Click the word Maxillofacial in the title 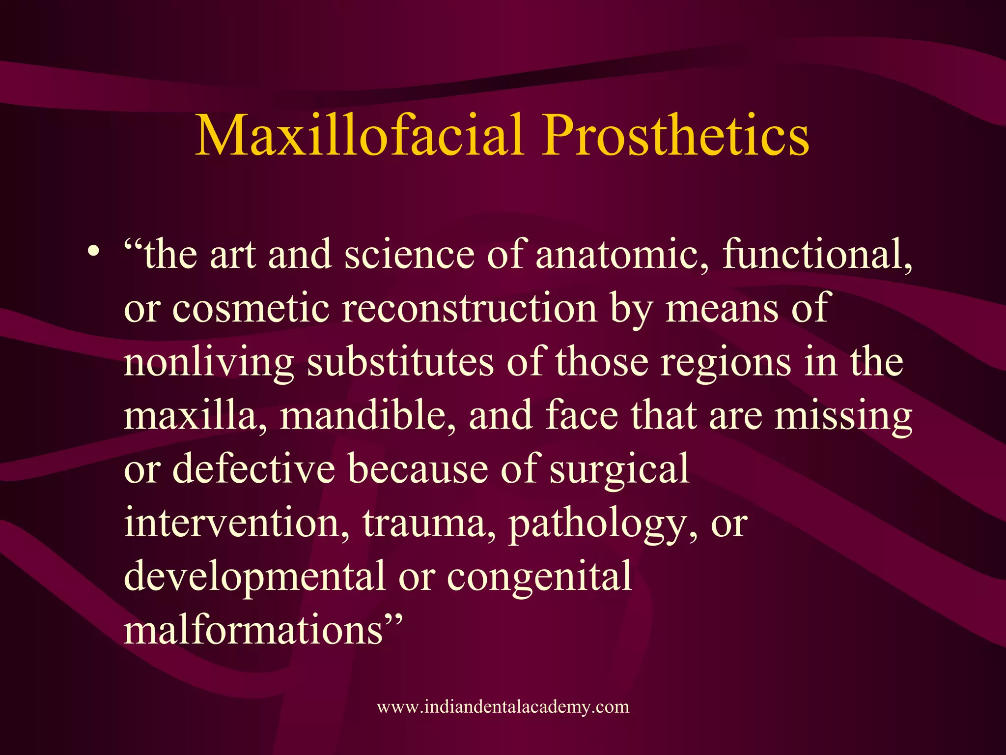click(359, 135)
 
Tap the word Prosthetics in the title click(675, 135)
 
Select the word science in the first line click(409, 255)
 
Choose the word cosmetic click(251, 309)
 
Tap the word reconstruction click(469, 309)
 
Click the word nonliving click(209, 363)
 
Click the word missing click(843, 416)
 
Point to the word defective click(254, 469)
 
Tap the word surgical click(619, 469)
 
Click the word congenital click(539, 576)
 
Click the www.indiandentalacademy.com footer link click(503, 707)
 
